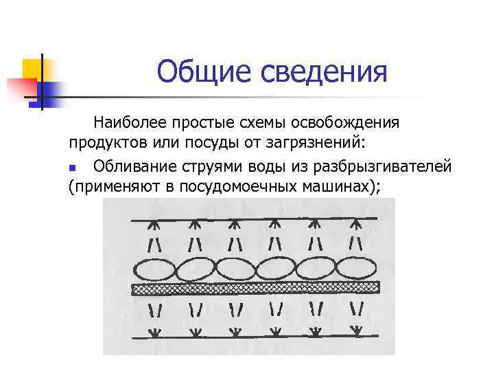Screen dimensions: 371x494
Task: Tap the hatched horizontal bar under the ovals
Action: coord(254,288)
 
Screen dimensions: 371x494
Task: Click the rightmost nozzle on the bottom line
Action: coord(357,330)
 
